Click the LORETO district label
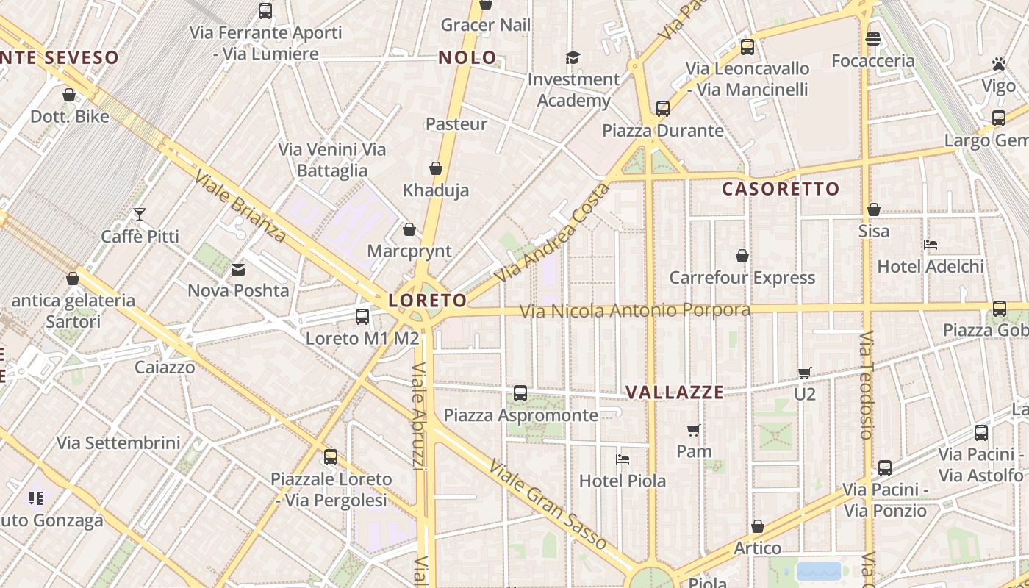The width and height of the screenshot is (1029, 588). click(x=427, y=300)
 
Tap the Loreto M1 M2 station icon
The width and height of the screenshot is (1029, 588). click(x=362, y=317)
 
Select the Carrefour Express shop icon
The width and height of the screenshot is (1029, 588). click(x=742, y=256)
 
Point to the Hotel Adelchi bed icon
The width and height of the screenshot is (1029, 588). click(x=931, y=244)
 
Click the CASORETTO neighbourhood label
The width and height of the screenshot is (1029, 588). click(x=780, y=189)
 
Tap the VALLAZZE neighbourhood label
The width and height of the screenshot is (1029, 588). click(x=675, y=392)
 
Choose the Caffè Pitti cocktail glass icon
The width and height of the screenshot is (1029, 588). click(x=140, y=215)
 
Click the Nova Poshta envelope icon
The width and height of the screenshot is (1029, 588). click(x=238, y=270)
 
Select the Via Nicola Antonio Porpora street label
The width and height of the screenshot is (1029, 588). click(x=635, y=311)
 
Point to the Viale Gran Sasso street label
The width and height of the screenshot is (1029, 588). click(x=548, y=505)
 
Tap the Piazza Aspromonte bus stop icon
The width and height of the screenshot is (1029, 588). click(x=520, y=393)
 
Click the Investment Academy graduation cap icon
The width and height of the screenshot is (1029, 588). click(x=573, y=57)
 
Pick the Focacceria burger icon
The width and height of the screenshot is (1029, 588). click(x=873, y=38)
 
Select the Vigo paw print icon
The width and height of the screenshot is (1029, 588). click(x=998, y=64)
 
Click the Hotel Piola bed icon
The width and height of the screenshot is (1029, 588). click(x=623, y=459)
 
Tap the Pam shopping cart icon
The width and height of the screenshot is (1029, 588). click(x=694, y=430)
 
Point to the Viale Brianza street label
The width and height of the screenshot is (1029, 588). click(x=240, y=207)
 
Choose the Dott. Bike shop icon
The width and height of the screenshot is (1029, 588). click(x=69, y=95)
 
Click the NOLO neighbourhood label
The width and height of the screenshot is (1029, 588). click(x=467, y=58)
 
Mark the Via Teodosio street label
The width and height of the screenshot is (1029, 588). click(x=867, y=385)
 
